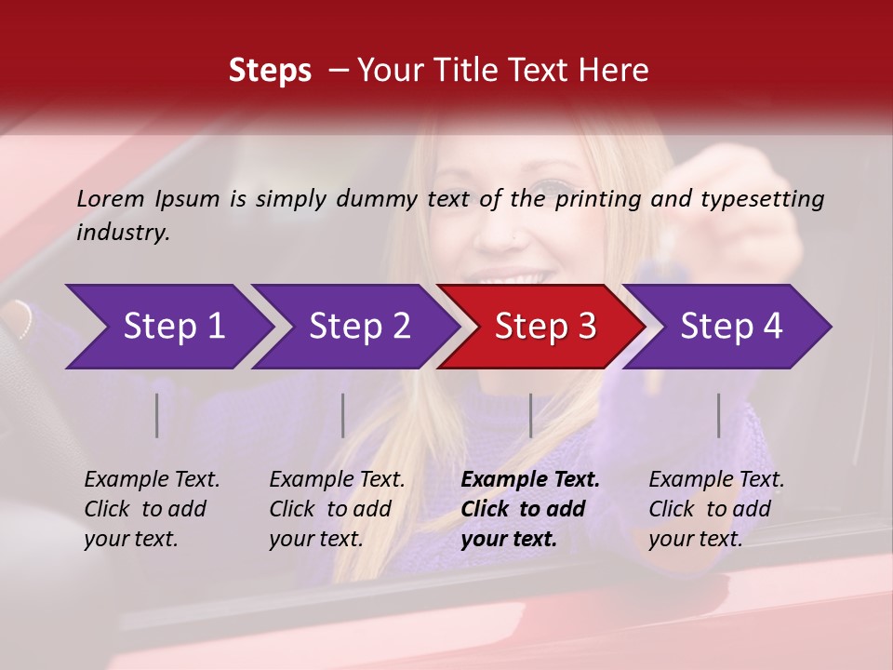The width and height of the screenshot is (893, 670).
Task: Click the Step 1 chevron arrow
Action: pos(174,327)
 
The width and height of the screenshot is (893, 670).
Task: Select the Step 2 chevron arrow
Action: pos(359,327)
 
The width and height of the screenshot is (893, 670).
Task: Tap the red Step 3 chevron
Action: pos(545,327)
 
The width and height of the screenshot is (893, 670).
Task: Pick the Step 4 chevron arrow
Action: pos(731,327)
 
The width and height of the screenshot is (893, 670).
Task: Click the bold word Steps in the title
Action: pos(270,71)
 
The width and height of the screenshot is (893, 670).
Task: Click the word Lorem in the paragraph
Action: pos(111,198)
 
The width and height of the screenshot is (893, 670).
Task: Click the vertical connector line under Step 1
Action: pos(157,415)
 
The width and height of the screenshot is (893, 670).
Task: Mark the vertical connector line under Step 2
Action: pos(343,415)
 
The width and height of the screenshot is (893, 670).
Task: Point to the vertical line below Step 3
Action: pos(531,415)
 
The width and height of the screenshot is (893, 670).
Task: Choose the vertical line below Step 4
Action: pos(718,415)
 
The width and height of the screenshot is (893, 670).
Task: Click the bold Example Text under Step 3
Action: pos(530,509)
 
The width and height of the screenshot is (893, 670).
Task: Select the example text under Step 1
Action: pos(152,509)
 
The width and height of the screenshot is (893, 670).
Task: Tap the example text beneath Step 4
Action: pos(716,509)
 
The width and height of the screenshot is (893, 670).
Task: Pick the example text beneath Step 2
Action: pos(337,509)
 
